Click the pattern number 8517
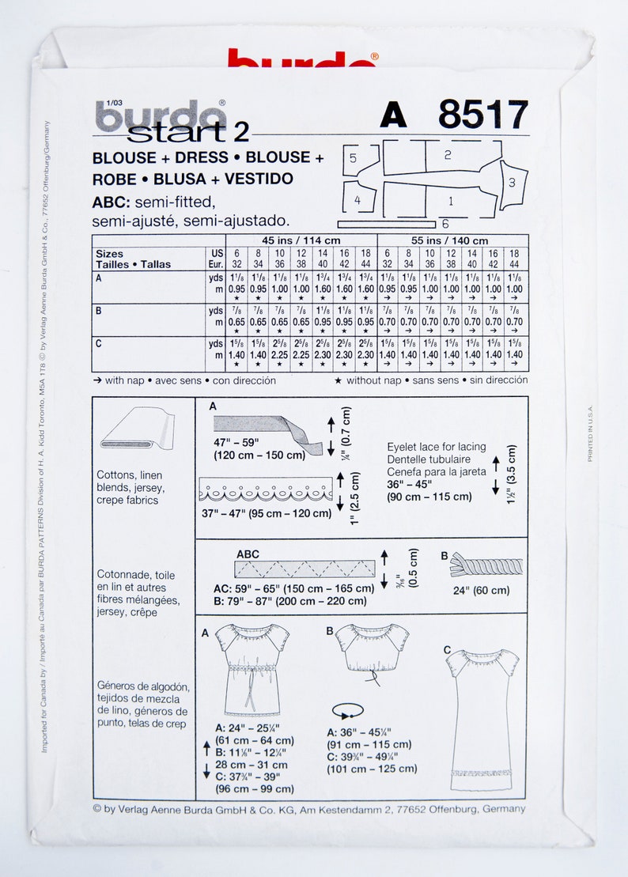pyautogui.click(x=482, y=116)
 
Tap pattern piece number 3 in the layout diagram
pyautogui.click(x=513, y=183)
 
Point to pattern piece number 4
pyautogui.click(x=358, y=201)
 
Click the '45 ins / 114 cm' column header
pyautogui.click(x=301, y=240)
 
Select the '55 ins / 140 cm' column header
pyautogui.click(x=453, y=240)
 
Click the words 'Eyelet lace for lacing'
pyautogui.click(x=437, y=447)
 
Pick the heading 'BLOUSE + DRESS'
pyautogui.click(x=160, y=157)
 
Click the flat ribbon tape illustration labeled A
pyautogui.click(x=267, y=433)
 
